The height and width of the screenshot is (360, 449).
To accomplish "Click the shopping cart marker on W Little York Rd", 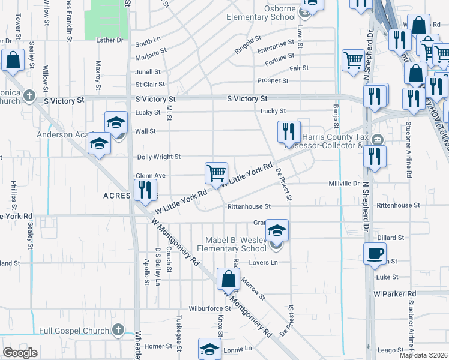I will point(216,173).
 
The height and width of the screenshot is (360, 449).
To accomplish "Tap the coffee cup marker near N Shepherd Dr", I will point(375,254).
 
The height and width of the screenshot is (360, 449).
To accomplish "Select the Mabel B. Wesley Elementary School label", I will point(237,244).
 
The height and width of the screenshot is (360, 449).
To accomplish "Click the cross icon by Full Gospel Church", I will point(118,330).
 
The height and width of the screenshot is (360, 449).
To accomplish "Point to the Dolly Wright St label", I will point(159,157).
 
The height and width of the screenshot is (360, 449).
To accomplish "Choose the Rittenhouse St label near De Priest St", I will point(249,206).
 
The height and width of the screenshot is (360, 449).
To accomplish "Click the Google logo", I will point(20,353).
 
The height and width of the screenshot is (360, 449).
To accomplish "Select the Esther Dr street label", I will point(109,40).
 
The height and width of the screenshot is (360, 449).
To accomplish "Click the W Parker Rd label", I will point(394,294).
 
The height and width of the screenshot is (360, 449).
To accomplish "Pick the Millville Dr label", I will point(344,184).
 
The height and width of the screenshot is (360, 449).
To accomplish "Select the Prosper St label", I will point(273,80).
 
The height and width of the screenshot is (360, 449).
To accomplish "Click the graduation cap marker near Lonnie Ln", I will point(209,349).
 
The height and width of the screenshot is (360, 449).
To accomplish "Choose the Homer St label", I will point(158,346).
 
